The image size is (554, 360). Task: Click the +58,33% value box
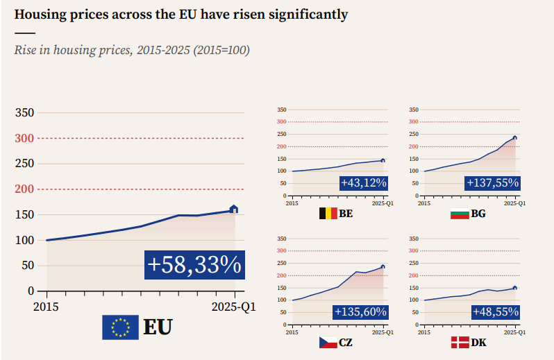point(194,265)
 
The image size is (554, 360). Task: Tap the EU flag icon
point(120,327)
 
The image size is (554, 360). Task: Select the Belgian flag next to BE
point(328,213)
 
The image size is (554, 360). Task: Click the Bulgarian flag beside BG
point(460,213)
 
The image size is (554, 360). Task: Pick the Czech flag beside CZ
point(328,342)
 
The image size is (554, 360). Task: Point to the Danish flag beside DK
point(460,342)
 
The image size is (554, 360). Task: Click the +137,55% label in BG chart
point(492,183)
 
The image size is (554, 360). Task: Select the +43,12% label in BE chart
point(363,183)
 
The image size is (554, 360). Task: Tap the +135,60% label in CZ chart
point(360,312)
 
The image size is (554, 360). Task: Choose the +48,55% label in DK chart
point(495,312)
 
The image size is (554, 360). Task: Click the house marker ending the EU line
point(233,209)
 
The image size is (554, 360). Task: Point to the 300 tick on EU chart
point(25,138)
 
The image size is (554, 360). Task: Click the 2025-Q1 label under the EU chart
point(234,306)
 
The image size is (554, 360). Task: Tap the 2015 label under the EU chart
point(47,306)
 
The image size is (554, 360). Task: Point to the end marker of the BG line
point(514,137)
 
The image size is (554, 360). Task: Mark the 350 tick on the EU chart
point(25,112)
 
